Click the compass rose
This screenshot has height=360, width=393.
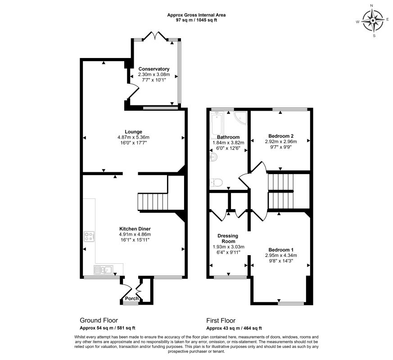373,21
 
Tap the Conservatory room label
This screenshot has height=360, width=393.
154,69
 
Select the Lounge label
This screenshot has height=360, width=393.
133,132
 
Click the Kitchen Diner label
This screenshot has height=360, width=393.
135,229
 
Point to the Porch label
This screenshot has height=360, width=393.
131,298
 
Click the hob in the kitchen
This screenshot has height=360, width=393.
89,237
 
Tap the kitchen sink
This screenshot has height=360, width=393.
103,270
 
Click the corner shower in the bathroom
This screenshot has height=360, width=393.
240,118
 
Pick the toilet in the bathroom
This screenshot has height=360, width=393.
216,182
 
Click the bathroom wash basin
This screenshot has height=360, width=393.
213,157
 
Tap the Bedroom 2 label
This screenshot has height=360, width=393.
281,136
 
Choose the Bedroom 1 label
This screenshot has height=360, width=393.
281,250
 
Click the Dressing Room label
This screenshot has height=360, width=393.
228,238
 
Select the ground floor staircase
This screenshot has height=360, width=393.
153,202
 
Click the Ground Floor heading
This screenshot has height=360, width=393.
99,320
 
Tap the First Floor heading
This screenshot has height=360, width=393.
221,321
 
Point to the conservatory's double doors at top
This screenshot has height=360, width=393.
155,36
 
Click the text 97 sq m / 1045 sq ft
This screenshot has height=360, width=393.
196,20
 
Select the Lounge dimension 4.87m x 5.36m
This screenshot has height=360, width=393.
133,137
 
